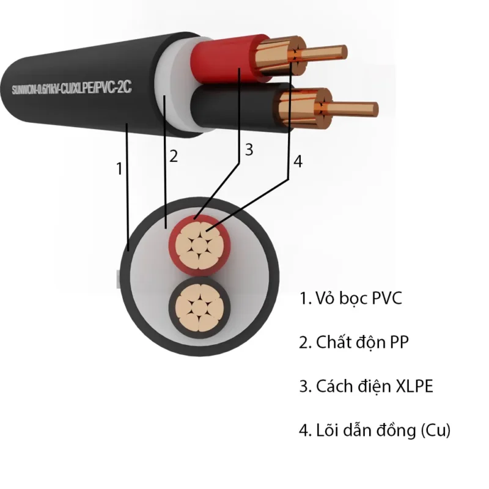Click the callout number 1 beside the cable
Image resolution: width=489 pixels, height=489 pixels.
click(120, 169)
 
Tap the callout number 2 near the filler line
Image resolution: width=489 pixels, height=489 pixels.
click(174, 156)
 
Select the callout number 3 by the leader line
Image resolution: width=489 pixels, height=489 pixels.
click(248, 150)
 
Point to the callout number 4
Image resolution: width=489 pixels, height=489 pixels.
click(298, 161)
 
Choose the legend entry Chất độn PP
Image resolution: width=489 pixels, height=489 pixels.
click(353, 342)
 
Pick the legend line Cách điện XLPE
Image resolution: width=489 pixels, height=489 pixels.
click(366, 386)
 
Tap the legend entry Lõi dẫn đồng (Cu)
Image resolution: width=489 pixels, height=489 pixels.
click(375, 430)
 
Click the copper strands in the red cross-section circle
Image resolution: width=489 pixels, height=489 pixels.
click(199, 245)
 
